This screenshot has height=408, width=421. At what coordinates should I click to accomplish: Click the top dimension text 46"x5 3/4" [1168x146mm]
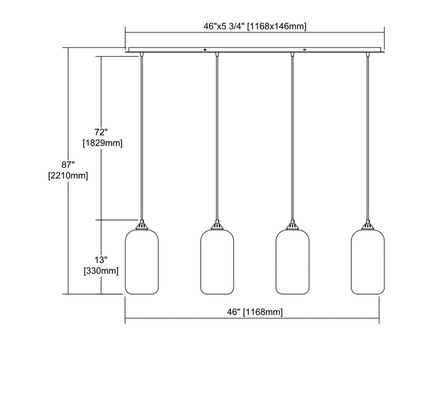click(254, 26)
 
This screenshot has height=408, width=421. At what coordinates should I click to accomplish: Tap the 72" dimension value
click(101, 132)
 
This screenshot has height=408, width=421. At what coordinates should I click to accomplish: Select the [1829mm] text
click(102, 143)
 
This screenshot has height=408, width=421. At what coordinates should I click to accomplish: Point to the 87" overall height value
click(68, 164)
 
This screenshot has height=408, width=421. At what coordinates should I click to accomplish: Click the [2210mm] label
click(68, 175)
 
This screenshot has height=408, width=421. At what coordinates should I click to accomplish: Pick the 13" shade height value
click(101, 260)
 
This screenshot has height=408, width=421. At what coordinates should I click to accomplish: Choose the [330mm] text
click(101, 271)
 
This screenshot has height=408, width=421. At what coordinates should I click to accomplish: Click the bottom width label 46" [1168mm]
click(255, 312)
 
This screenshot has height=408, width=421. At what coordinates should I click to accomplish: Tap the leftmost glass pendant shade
click(142, 262)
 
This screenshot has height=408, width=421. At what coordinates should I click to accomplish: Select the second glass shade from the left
click(217, 262)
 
